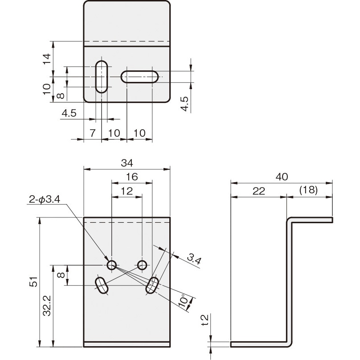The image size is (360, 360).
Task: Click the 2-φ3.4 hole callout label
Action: click(45, 200)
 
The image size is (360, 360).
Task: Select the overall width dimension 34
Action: click(127, 163)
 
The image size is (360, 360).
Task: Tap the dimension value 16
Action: click(132, 177)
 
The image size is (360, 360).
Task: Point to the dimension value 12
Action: click(127, 191)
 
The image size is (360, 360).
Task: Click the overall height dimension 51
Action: click(33, 281)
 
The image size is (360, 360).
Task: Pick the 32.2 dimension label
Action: click(47, 306)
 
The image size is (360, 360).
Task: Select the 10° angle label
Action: click(184, 301)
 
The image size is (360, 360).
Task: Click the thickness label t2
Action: click(205, 320)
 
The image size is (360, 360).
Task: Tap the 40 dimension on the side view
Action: click(282, 177)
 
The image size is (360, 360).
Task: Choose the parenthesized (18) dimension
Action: click(309, 190)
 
